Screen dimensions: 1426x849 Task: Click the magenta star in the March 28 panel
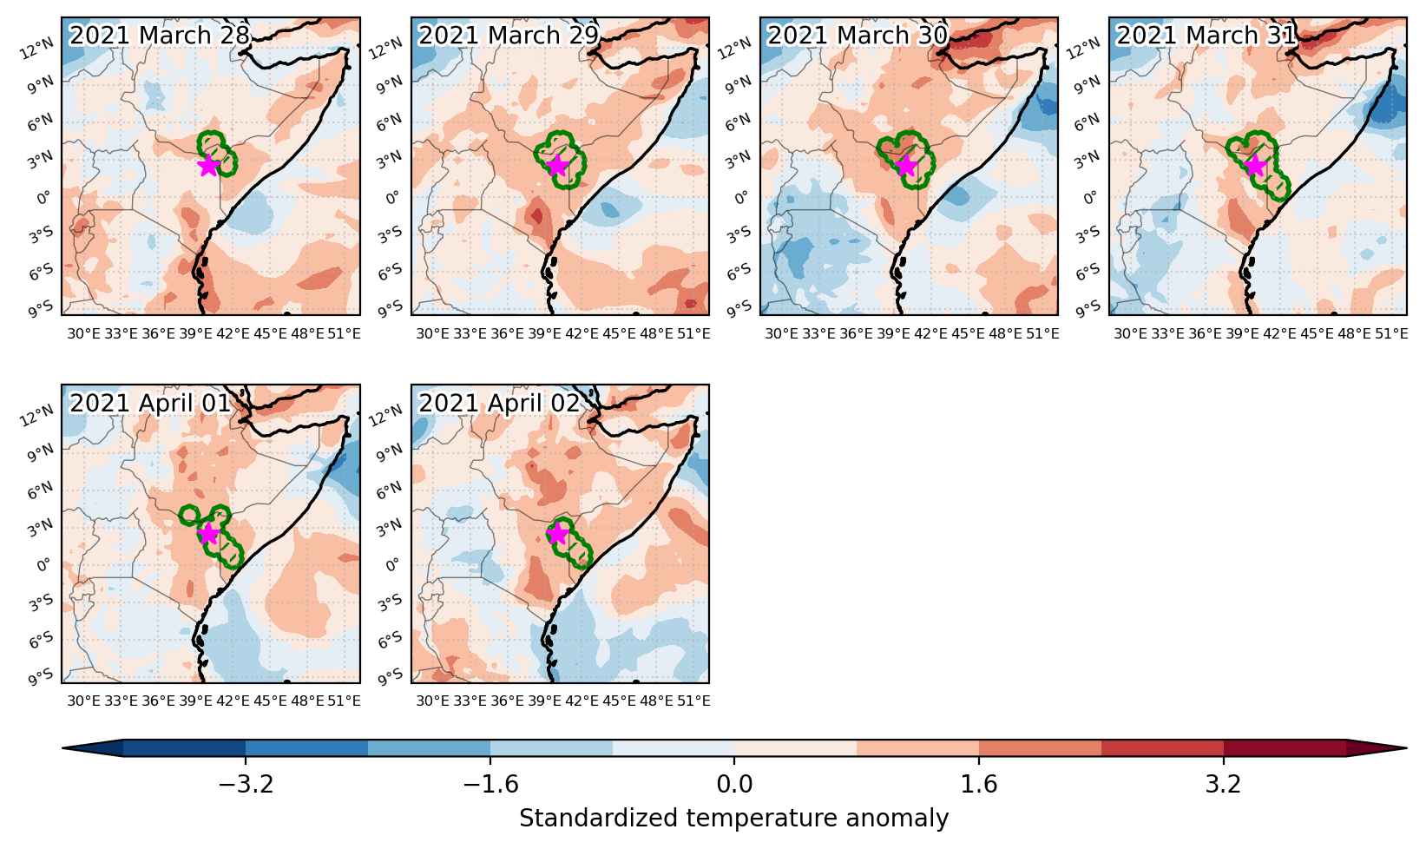point(208,166)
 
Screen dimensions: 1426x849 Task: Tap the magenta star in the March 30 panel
point(906,166)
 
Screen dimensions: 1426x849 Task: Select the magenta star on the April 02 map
point(557,533)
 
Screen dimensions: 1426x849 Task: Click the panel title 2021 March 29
point(509,35)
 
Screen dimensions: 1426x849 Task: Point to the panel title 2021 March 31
point(1206,35)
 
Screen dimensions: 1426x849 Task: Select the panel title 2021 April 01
point(149,403)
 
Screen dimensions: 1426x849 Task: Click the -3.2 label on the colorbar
point(246,784)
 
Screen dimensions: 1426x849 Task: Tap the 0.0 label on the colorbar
point(734,784)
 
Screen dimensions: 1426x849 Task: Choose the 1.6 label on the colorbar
point(978,784)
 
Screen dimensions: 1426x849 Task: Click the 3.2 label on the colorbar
point(1223,784)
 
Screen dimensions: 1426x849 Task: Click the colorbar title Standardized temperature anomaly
point(733,819)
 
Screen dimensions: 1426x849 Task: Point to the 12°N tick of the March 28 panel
point(37,49)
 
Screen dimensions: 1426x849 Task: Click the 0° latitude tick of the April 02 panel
point(393,565)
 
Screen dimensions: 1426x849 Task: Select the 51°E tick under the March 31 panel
point(1391,333)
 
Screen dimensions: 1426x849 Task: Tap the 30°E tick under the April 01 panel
point(83,701)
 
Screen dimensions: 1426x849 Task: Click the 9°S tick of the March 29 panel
point(391,309)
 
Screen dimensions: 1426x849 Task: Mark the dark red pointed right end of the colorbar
point(1377,748)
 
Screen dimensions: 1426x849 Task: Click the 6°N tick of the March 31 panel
point(1088,122)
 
